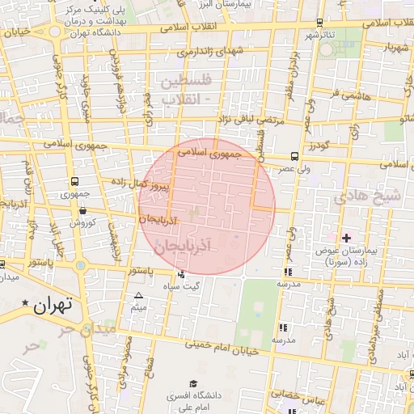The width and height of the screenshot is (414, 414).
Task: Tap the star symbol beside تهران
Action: point(27,304)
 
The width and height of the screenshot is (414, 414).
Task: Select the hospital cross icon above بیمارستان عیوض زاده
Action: point(346,237)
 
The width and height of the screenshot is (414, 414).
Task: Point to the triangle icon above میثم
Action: point(139,296)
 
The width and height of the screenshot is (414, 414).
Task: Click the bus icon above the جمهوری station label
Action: point(74,182)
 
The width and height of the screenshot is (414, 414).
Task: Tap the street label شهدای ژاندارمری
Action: point(199,52)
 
